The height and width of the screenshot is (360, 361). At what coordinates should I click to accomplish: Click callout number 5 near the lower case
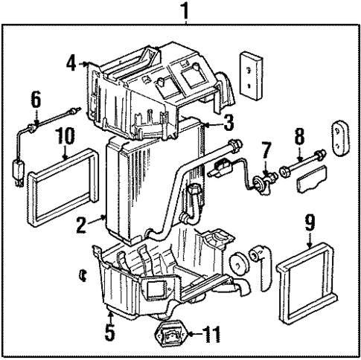tap(109, 331)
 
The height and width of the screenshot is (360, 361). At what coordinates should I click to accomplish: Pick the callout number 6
tap(35, 99)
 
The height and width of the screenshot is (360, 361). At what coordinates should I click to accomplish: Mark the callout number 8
tap(298, 136)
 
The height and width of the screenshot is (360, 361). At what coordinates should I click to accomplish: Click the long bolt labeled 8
tap(306, 157)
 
